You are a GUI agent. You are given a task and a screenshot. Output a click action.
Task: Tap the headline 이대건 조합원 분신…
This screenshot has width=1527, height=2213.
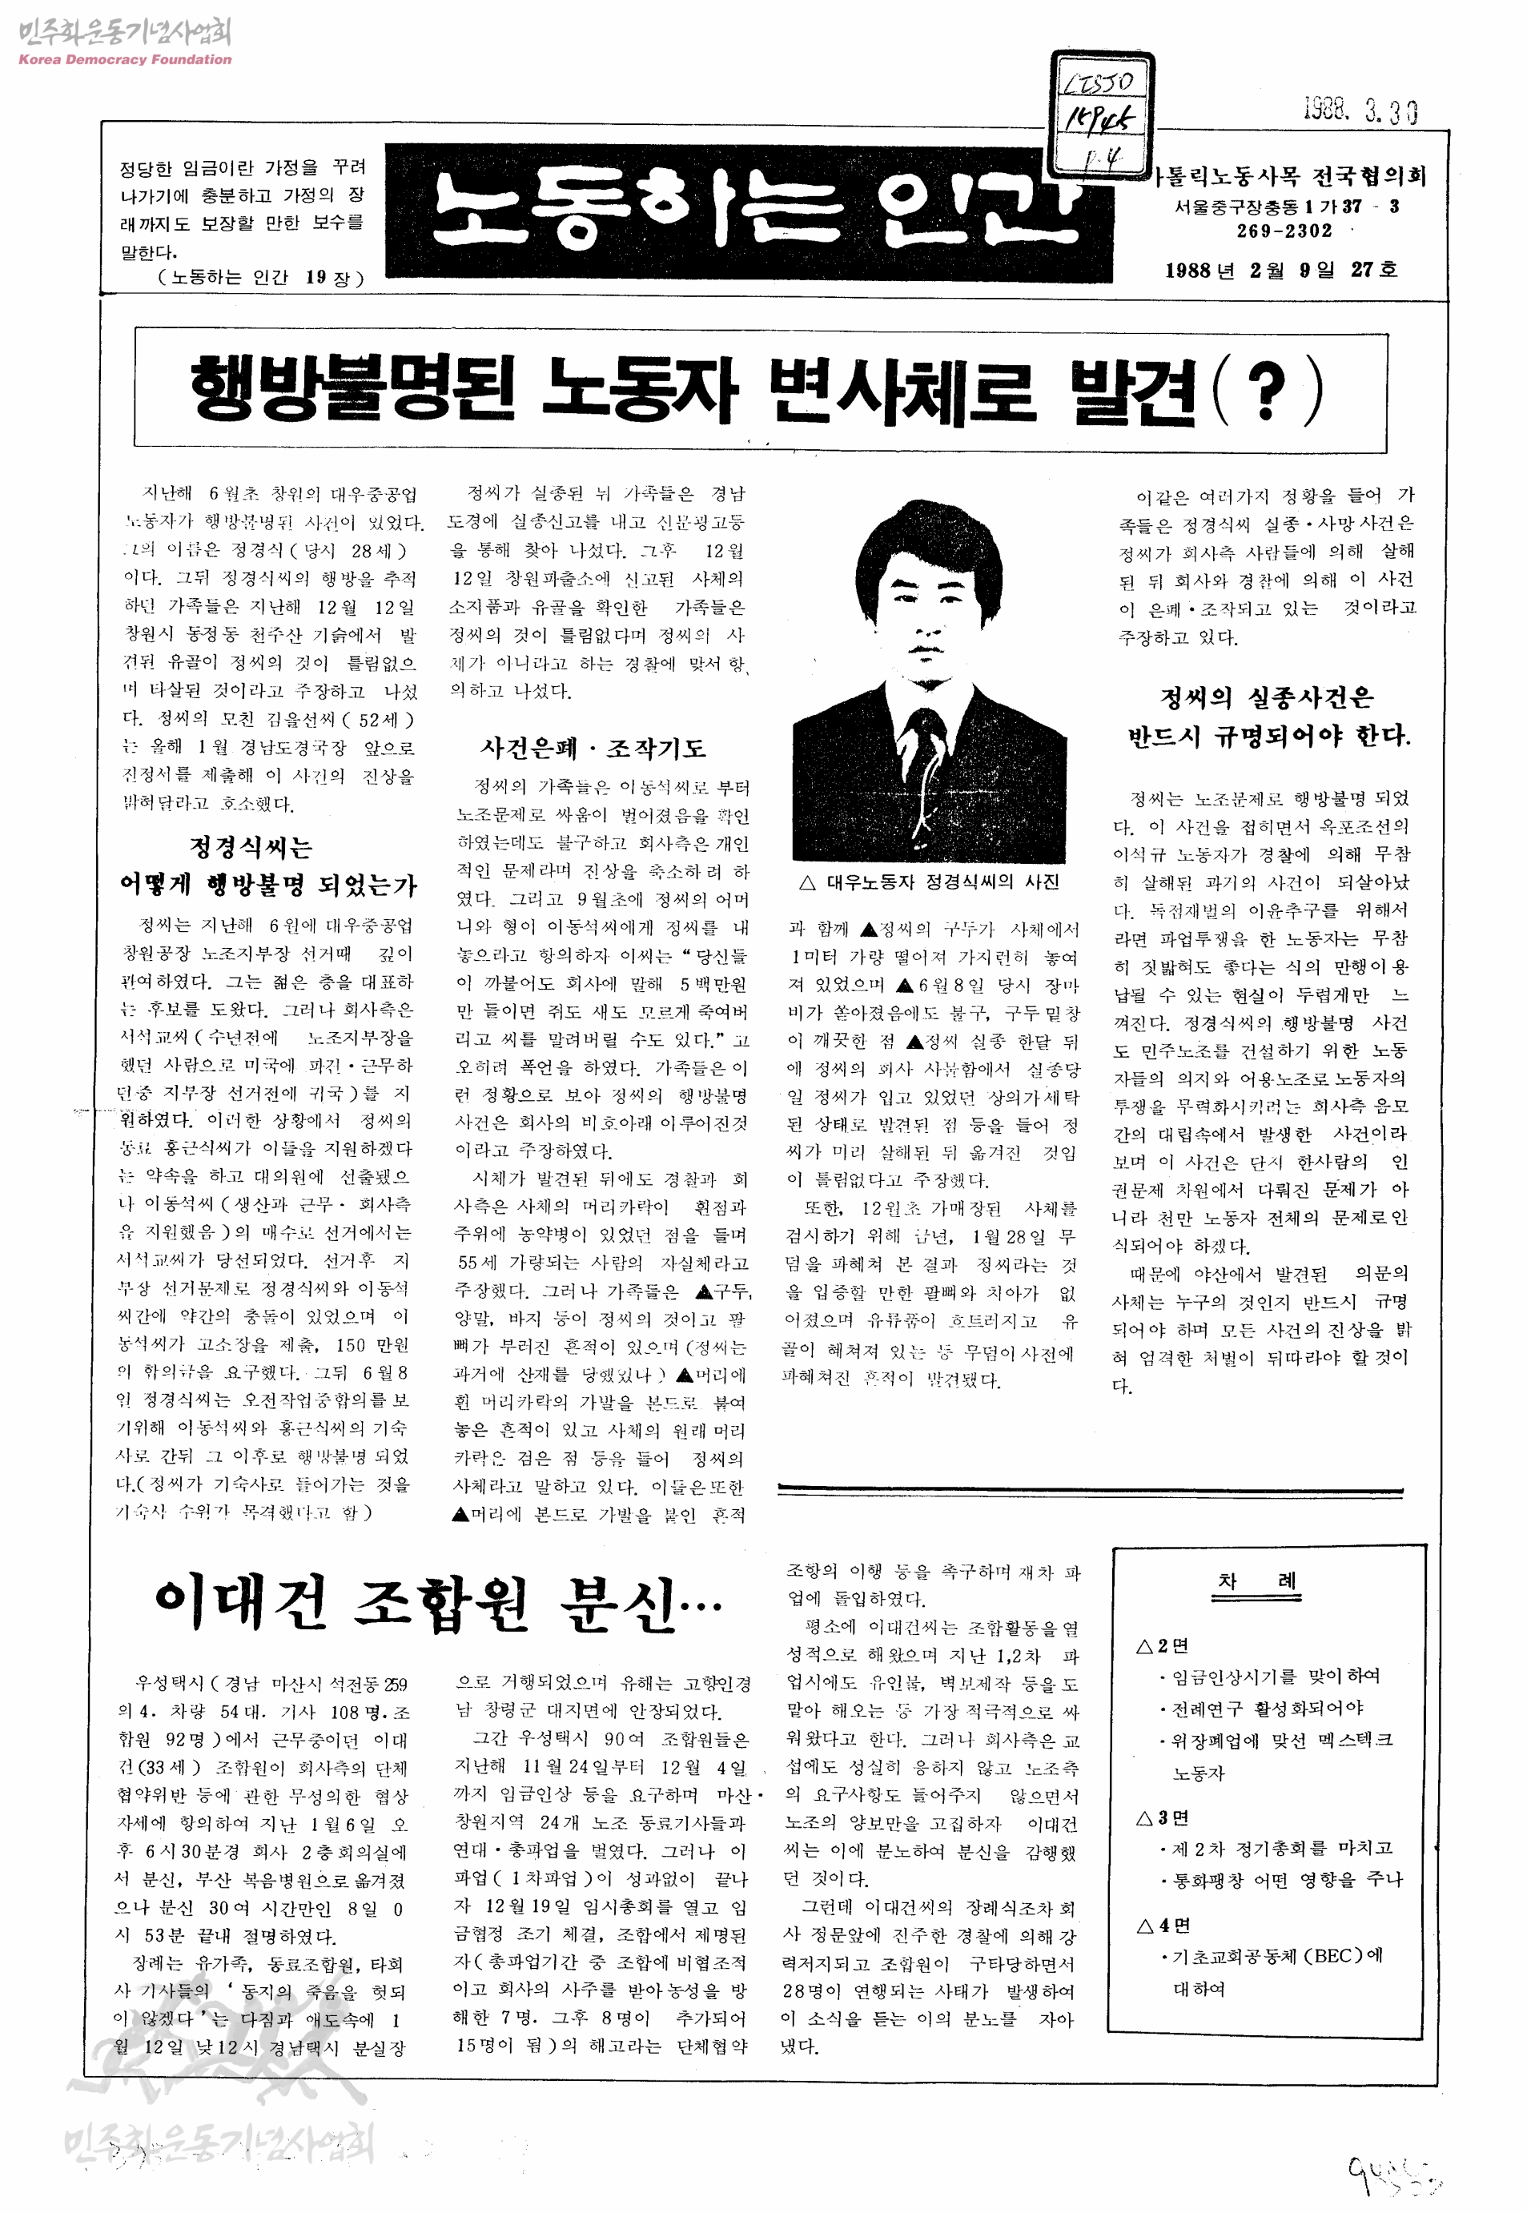[437, 1603]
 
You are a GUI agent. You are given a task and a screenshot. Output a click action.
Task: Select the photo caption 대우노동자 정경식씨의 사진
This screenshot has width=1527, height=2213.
[930, 882]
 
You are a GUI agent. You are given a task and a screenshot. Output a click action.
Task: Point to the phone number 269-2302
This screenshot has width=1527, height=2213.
[1284, 231]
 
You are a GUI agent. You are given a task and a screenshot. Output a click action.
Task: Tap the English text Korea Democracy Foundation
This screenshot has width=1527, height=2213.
[124, 59]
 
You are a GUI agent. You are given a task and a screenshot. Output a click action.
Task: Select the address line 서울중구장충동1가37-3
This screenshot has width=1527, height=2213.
[1286, 206]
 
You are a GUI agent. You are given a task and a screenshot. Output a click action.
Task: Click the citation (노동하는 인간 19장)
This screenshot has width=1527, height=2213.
[260, 278]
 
